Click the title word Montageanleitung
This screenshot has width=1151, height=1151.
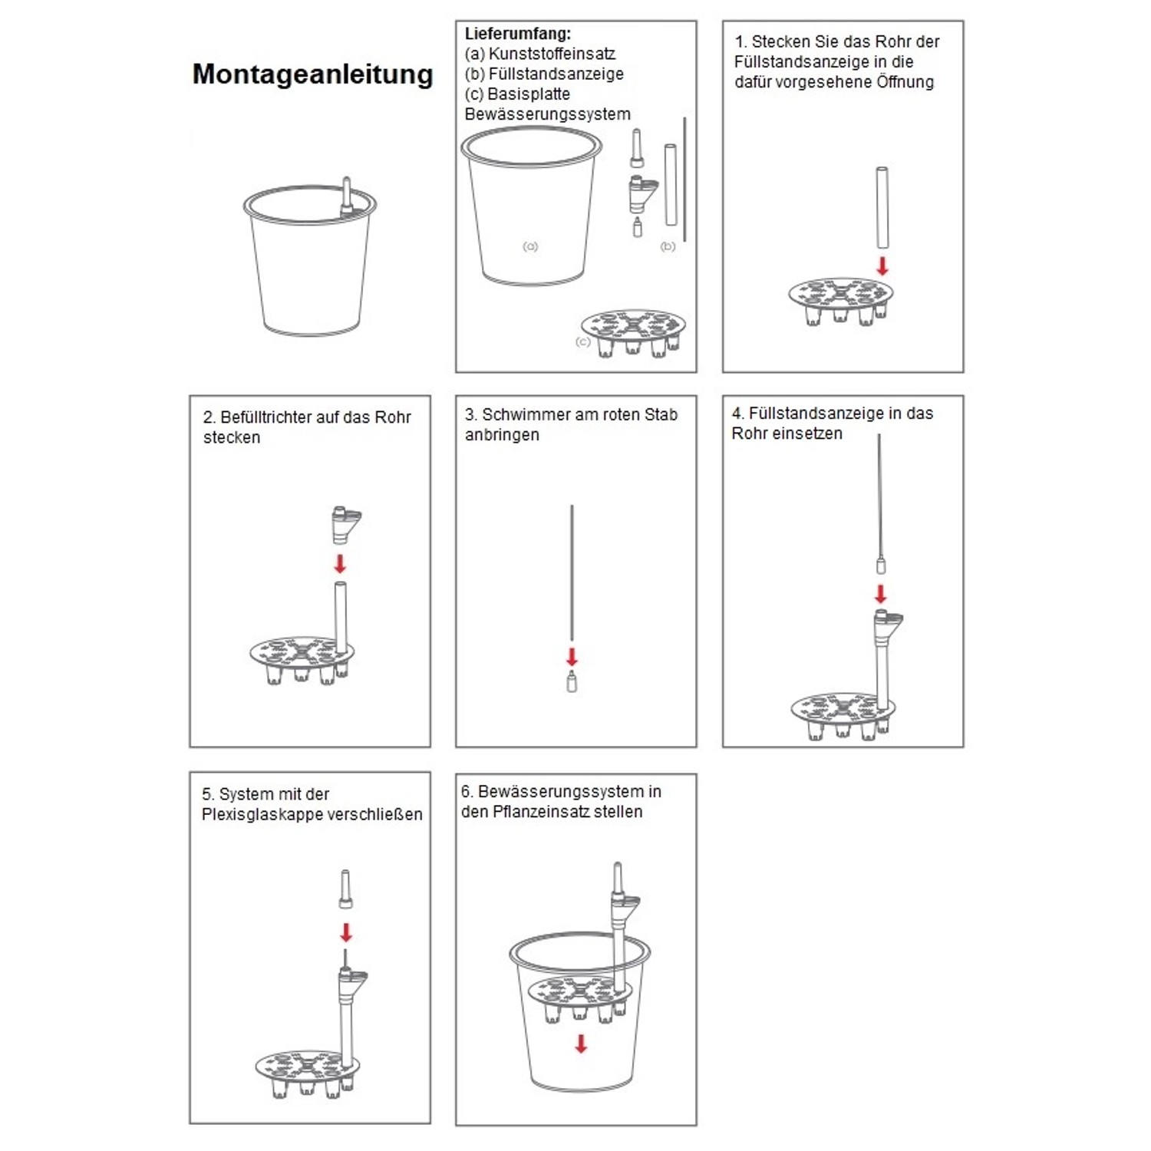(312, 74)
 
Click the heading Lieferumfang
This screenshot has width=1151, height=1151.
(517, 34)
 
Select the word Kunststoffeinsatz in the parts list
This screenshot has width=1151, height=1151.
(552, 54)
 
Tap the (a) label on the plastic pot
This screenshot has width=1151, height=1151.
(530, 246)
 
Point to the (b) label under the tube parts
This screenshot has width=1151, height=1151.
(668, 246)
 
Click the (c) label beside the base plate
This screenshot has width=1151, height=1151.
(583, 341)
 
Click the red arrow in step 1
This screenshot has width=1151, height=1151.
(882, 265)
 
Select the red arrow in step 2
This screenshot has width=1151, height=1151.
(340, 564)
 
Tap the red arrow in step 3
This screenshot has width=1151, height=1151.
(572, 657)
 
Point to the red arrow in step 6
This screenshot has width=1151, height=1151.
(581, 1044)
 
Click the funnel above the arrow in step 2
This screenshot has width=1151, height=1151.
(345, 524)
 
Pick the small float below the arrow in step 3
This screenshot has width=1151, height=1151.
(572, 681)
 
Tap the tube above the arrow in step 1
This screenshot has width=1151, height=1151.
(882, 207)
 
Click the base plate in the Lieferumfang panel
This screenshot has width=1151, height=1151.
(633, 330)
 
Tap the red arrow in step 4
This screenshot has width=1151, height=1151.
(881, 594)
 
